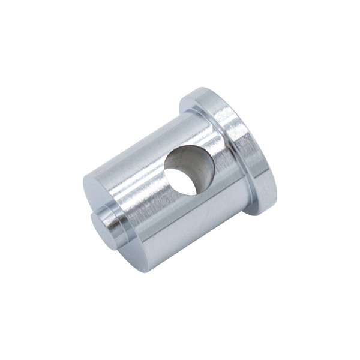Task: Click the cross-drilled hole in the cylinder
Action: click(188, 170)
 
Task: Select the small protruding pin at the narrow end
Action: click(109, 221)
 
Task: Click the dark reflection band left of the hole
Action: click(144, 180)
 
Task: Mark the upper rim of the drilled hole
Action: click(186, 148)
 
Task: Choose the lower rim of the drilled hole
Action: click(192, 194)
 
